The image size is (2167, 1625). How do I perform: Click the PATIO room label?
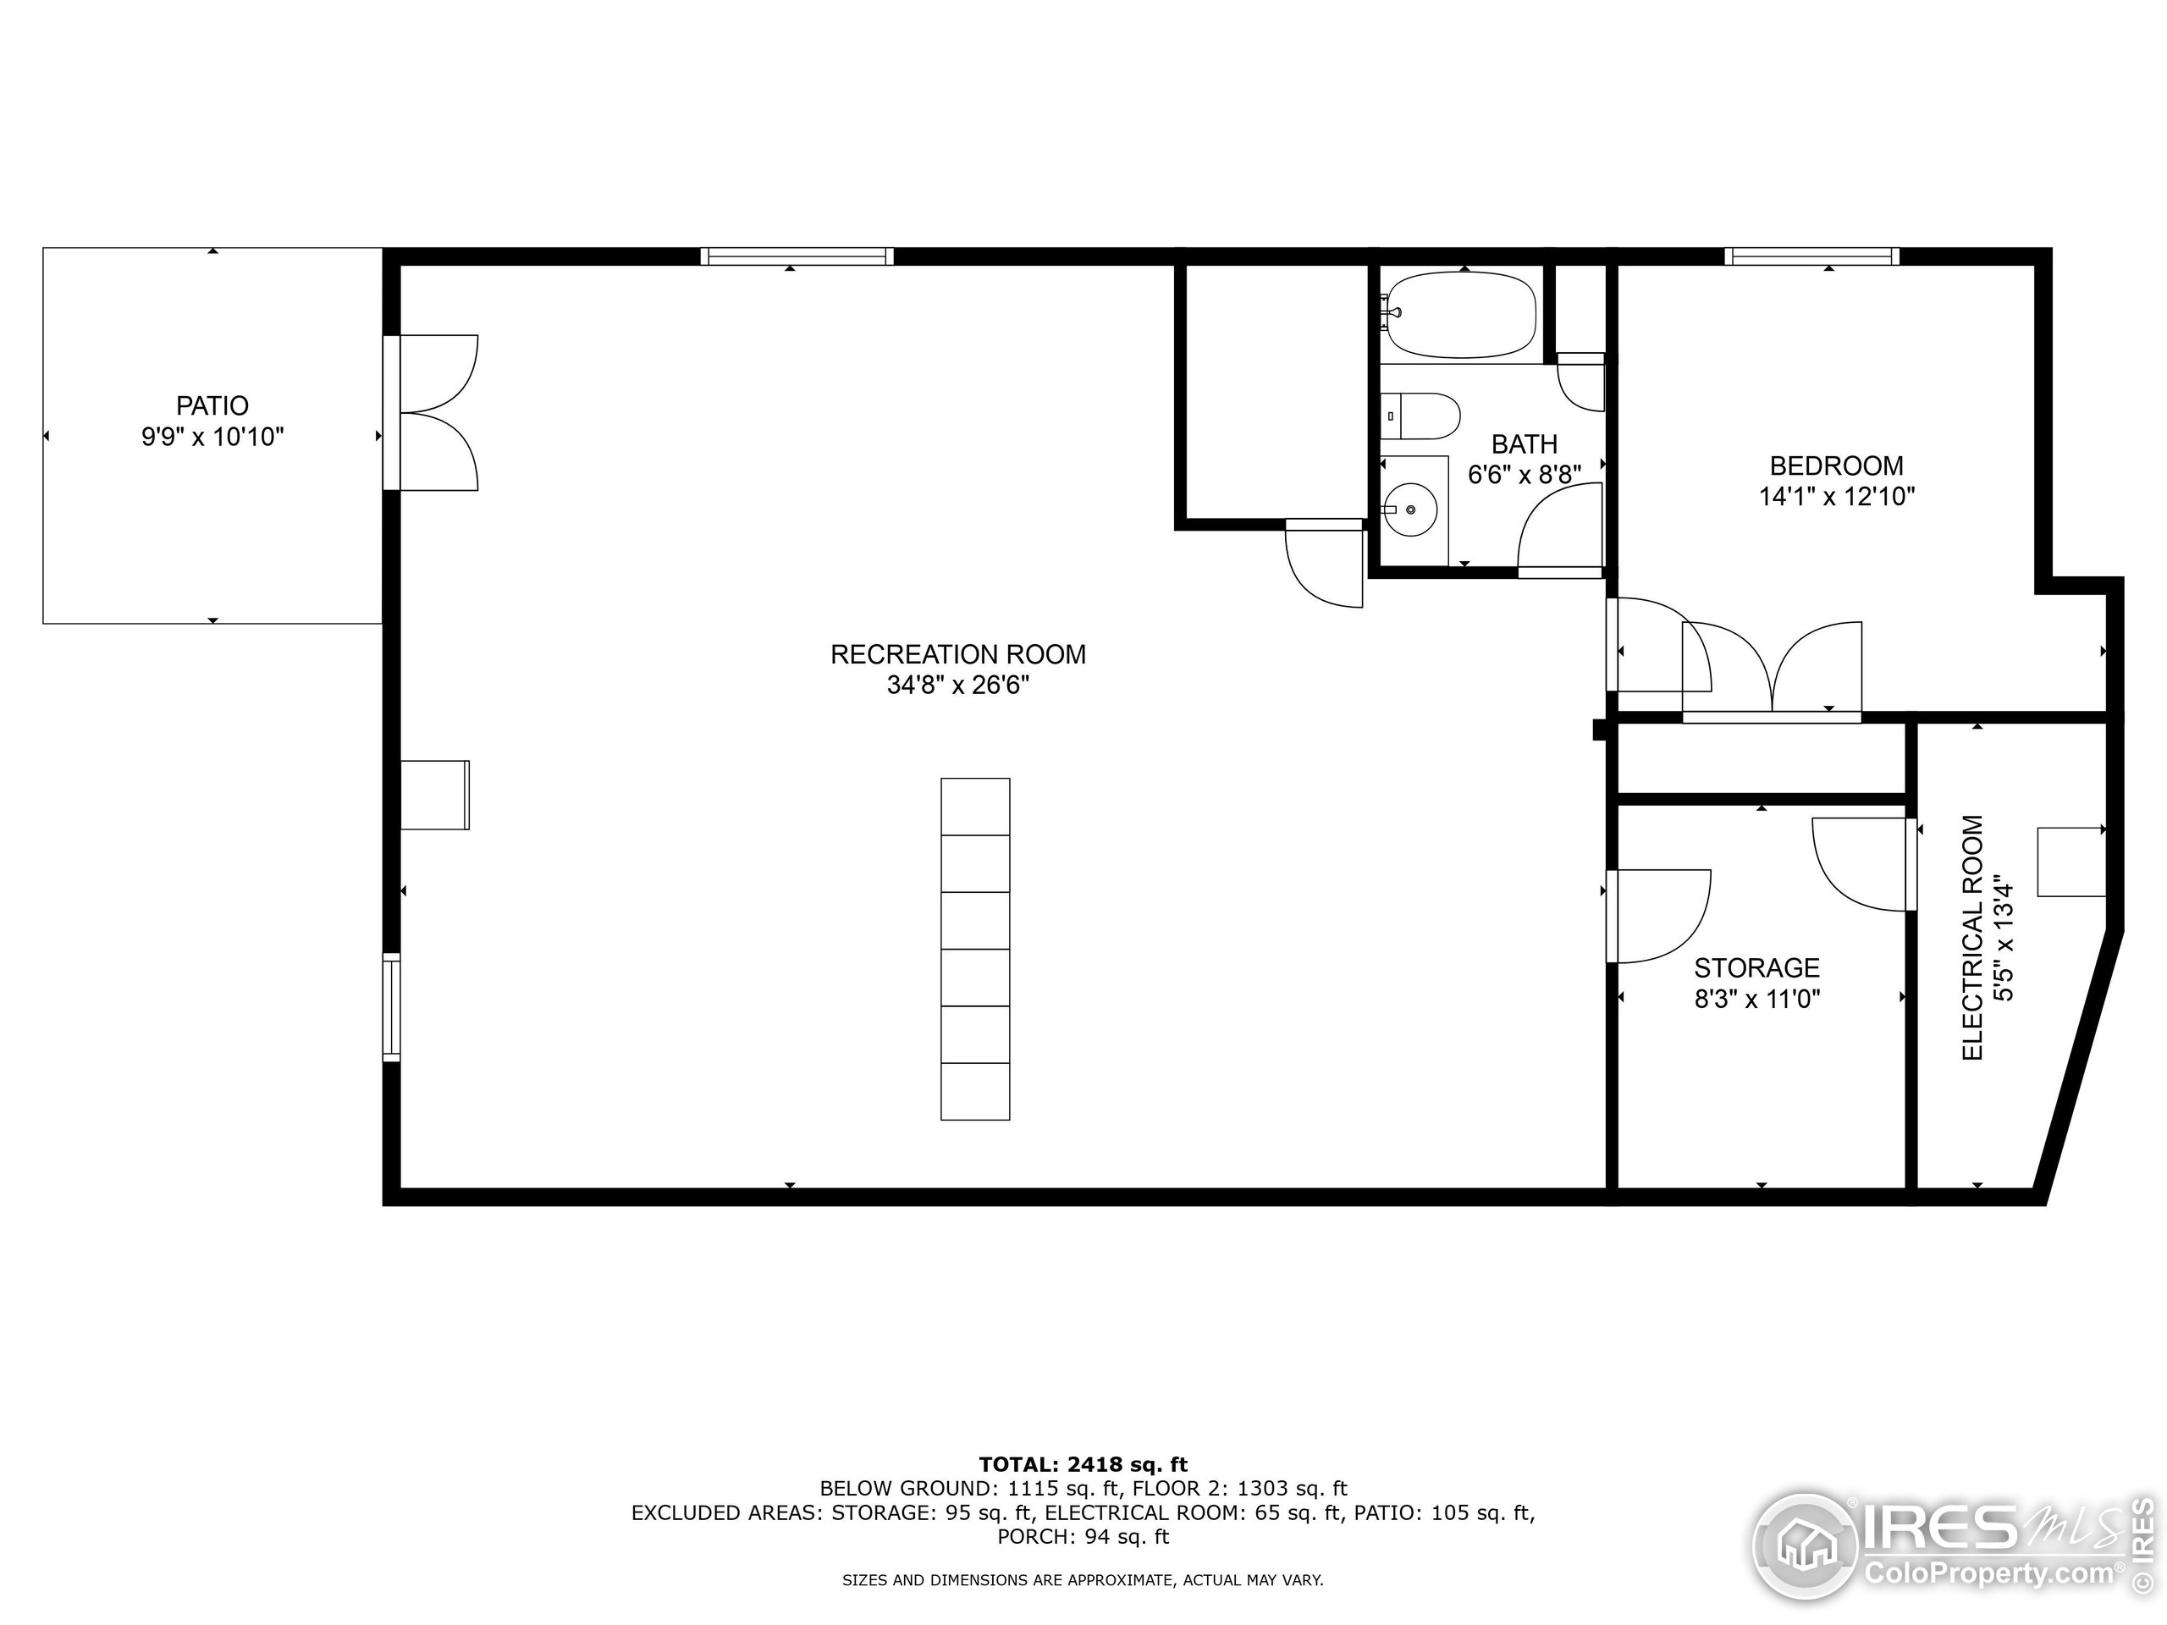point(212,405)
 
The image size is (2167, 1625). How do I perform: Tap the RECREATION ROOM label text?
point(957,654)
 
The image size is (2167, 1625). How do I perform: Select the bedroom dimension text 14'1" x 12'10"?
point(1836,497)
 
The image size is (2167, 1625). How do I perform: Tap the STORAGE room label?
point(1756,967)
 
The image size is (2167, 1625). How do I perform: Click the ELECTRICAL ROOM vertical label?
point(1972,938)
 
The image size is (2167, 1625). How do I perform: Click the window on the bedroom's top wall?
point(1811,256)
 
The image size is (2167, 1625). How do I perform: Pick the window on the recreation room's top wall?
point(797,256)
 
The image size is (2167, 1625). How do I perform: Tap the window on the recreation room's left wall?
point(392,1007)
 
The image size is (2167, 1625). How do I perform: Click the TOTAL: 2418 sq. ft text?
point(1083,1464)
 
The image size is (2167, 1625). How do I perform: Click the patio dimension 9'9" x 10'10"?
point(212,437)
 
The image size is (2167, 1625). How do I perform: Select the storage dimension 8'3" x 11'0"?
point(1756,999)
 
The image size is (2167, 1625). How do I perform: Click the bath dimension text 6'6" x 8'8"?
point(1525,475)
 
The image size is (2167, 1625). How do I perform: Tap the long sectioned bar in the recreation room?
point(975,948)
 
